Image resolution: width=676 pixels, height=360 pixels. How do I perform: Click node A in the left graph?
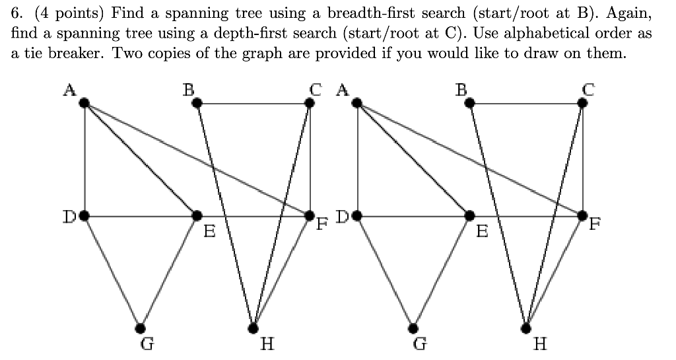point(84,102)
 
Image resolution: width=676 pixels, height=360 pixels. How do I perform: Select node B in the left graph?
point(197,102)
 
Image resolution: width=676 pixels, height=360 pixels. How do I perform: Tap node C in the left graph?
point(310,102)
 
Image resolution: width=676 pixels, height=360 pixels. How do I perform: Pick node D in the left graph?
point(84,215)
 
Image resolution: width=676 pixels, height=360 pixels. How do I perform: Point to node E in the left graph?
point(197,215)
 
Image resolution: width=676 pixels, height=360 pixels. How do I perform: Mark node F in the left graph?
point(310,215)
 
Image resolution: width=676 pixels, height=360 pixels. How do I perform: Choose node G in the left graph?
point(140,328)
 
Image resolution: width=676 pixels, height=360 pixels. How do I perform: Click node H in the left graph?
point(253,328)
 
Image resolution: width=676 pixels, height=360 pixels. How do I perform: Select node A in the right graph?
point(357,102)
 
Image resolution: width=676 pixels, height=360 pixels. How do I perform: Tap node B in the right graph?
point(469,102)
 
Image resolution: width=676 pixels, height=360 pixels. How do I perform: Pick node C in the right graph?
point(582,102)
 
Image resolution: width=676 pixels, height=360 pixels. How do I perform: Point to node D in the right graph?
point(357,215)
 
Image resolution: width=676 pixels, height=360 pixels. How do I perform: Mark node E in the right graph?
point(469,215)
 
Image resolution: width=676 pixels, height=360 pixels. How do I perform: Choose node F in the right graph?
point(582,215)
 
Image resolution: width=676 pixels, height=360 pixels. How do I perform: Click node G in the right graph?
point(413,328)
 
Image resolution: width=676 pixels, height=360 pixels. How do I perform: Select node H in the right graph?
point(526,328)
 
